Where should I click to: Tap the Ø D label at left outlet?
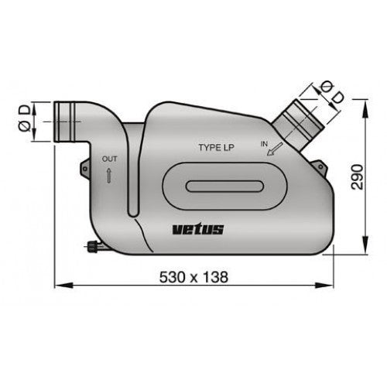25,120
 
